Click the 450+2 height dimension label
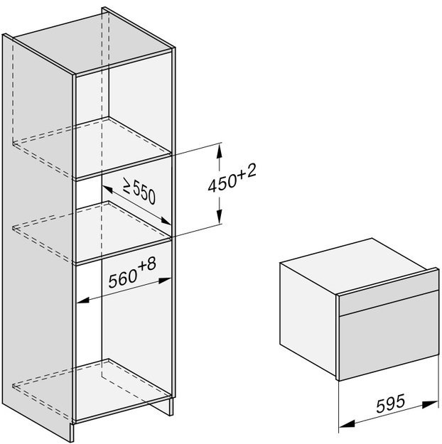[232, 178]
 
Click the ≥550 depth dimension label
[139, 190]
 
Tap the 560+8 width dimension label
[132, 273]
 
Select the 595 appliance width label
[390, 404]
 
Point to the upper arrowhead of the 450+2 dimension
[219, 151]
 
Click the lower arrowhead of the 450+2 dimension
[219, 217]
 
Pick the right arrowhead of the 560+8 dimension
[164, 281]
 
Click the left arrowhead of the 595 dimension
[347, 423]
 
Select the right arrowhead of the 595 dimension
[431, 404]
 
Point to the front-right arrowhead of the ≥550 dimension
[165, 221]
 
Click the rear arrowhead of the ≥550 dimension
[107, 190]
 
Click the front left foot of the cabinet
[72, 432]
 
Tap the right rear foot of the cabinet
[171, 407]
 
